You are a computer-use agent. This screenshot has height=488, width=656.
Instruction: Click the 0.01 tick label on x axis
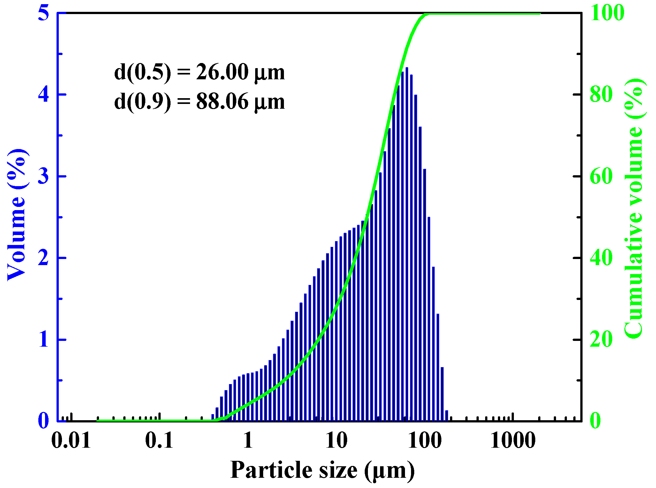click(x=71, y=440)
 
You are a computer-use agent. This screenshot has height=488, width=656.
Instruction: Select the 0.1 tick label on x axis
click(x=159, y=440)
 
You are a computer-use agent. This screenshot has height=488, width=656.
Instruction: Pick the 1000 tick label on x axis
click(x=513, y=440)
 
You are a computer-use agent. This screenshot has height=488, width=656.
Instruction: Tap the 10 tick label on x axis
click(x=336, y=440)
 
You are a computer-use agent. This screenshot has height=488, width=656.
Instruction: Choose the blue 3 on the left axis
click(x=43, y=176)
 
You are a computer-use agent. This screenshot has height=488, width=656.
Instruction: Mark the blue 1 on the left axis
click(x=43, y=340)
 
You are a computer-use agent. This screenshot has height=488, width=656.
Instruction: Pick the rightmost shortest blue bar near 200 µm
click(x=446, y=416)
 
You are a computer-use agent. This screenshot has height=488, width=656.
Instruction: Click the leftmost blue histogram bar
click(x=213, y=418)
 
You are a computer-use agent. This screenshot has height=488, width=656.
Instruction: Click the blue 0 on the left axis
click(x=43, y=421)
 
